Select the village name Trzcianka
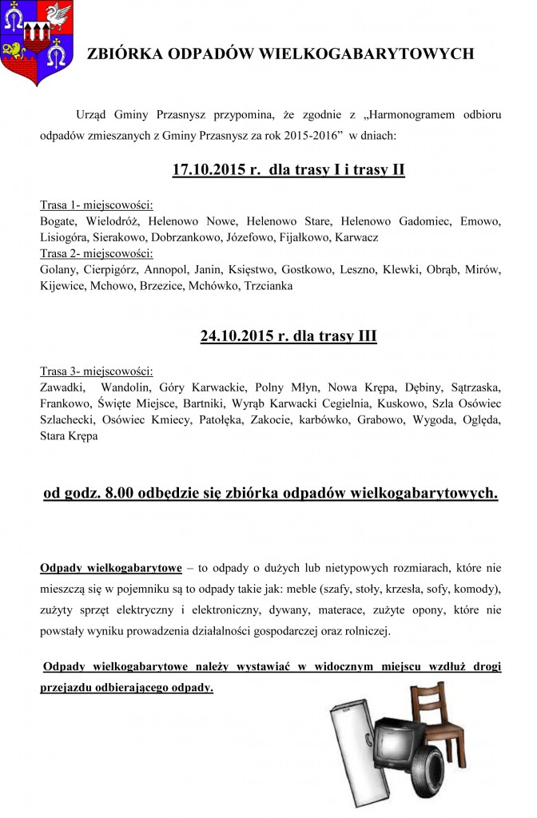pyautogui.click(x=270, y=285)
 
